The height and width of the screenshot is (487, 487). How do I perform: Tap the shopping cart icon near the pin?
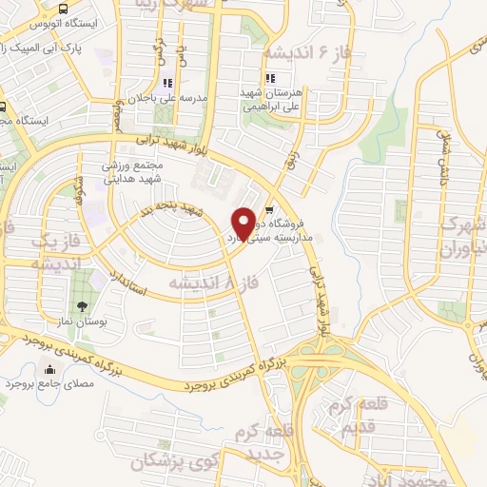(269, 210)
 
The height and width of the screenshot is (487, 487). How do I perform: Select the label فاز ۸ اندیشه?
(213, 282)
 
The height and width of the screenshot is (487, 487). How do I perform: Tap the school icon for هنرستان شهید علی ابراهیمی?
(270, 78)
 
